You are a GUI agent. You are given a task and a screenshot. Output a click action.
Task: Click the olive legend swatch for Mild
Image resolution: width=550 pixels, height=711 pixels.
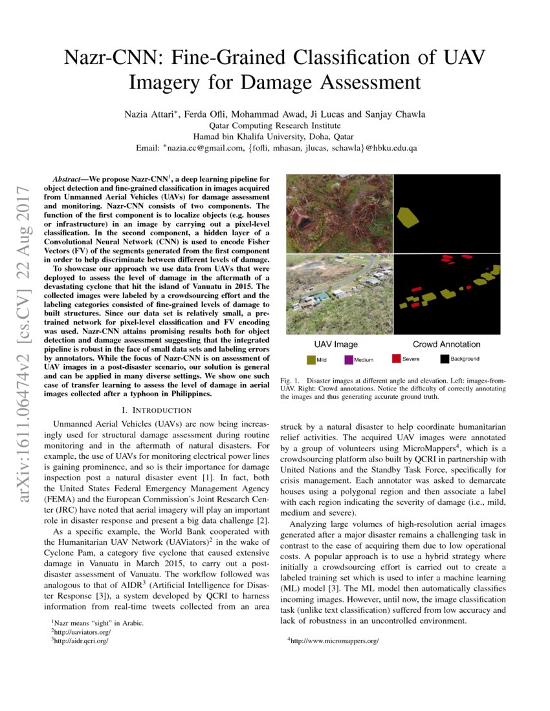(x=311, y=359)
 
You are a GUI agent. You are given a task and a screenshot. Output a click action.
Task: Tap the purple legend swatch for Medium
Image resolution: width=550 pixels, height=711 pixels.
(x=349, y=359)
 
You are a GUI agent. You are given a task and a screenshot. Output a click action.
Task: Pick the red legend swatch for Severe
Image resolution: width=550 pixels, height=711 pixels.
(x=396, y=359)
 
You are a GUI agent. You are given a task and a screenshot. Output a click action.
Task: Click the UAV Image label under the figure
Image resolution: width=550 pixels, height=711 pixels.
(x=336, y=344)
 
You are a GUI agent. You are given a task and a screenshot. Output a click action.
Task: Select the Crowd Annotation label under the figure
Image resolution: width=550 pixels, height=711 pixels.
(x=446, y=344)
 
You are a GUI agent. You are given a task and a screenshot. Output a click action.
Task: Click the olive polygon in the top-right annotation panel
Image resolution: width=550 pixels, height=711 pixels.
(x=409, y=217)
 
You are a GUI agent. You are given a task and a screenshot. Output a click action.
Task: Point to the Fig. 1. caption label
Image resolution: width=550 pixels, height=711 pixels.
(x=290, y=381)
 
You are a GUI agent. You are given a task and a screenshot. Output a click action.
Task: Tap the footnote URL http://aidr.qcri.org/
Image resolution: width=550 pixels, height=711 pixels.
(x=81, y=641)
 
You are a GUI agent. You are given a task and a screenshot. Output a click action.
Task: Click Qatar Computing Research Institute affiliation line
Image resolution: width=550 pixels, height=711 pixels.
(x=276, y=125)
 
